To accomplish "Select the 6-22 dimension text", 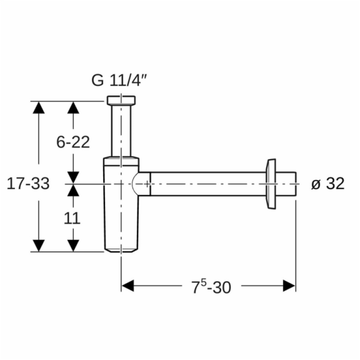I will pos(73,142).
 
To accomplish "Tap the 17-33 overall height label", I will pos(28,184).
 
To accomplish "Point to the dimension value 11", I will pos(72,218).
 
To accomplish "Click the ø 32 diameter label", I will pos(328,184).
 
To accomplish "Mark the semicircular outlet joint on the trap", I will pos(140,184).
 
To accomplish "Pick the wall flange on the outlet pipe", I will pos(271,184).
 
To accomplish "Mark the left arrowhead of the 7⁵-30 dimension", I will pos(128,286).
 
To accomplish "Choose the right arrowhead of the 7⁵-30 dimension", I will pos(289,286).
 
